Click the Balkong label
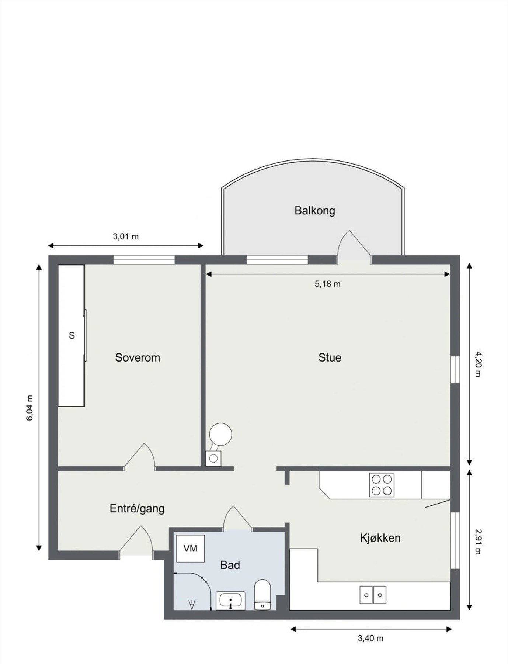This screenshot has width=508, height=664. click(314, 211)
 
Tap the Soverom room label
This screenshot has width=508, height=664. click(138, 357)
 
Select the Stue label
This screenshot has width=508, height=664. click(330, 357)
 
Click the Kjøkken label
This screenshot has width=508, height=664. click(380, 538)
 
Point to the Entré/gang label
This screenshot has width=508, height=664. click(137, 509)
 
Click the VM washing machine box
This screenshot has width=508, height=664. click(190, 549)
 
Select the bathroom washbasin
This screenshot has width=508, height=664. click(230, 600)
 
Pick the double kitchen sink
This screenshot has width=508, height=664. click(373, 595)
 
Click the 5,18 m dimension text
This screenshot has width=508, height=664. click(327, 284)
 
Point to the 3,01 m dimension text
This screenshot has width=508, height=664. click(126, 236)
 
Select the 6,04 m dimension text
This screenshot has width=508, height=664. click(30, 408)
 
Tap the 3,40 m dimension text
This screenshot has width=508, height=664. click(370, 638)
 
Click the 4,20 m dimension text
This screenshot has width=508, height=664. click(478, 364)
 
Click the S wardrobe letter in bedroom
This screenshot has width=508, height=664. click(72, 335)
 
